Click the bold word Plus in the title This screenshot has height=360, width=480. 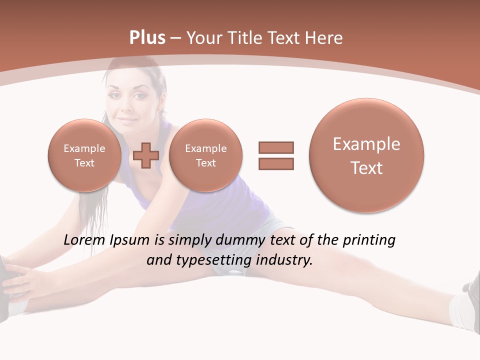(147, 38)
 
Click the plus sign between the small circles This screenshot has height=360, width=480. (146, 155)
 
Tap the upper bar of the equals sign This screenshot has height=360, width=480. (276, 147)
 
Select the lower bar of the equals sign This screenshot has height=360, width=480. (276, 163)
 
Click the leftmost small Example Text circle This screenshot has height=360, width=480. (84, 155)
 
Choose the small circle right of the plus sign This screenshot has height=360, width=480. (205, 155)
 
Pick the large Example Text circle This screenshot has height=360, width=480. (366, 155)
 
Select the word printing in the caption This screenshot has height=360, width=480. (368, 240)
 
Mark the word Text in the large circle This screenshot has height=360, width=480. (366, 168)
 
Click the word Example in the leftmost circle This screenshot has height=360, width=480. (84, 148)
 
